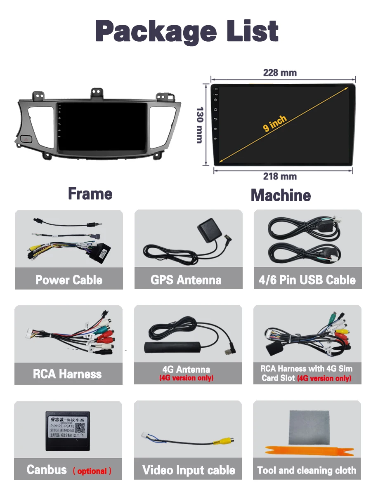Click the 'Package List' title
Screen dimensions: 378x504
coord(187,31)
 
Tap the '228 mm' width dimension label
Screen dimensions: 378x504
coord(280,73)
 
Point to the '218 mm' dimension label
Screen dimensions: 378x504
coord(280,177)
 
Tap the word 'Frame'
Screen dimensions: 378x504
coord(90,194)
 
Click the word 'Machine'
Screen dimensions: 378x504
coord(281,195)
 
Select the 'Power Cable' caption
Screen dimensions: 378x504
coord(69,280)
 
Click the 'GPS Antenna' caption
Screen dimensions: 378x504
coord(186,280)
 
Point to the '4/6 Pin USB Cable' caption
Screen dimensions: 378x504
coord(307,280)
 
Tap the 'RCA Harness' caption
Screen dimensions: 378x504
coord(67,374)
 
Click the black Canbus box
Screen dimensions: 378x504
coord(68,430)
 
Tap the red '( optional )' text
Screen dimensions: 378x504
coord(92,471)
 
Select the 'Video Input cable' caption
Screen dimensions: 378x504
coord(189,470)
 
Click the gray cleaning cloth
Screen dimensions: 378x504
coord(307,426)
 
